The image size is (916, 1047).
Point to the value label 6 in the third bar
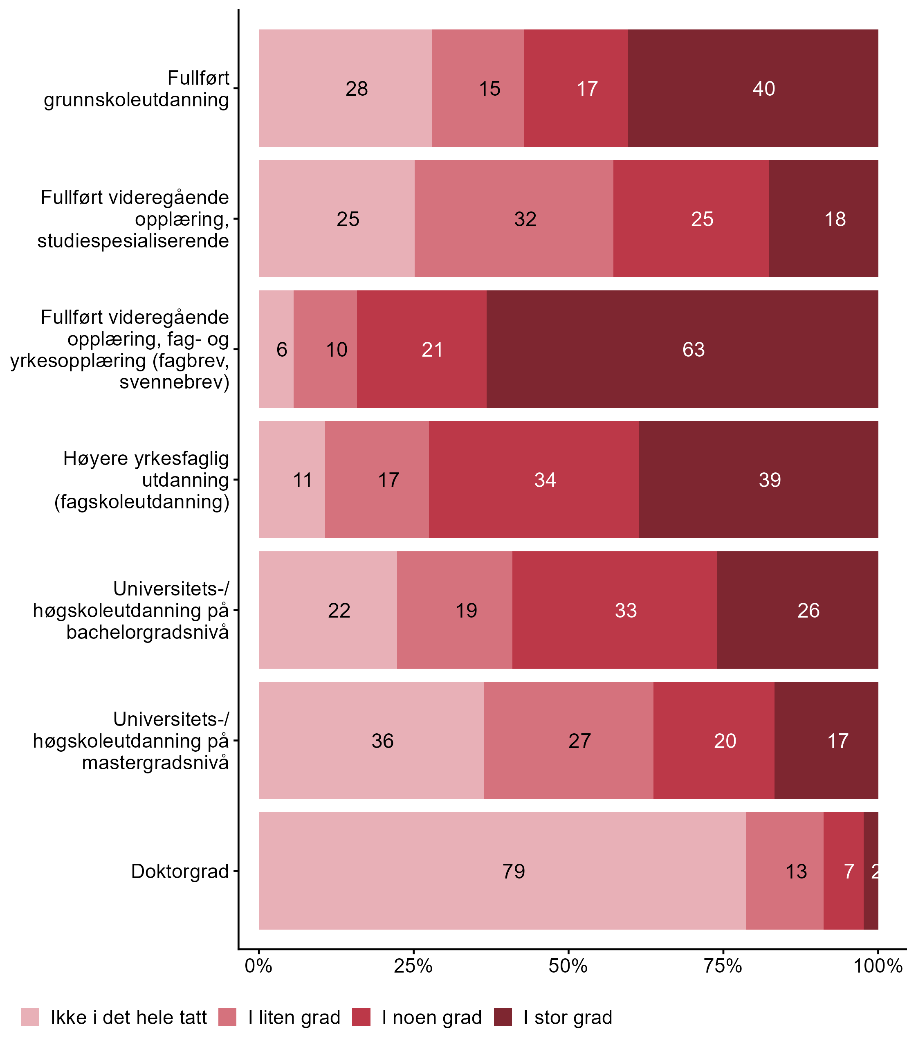(x=282, y=350)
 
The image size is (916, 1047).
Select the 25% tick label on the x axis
(x=413, y=966)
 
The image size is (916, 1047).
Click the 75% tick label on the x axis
(x=723, y=966)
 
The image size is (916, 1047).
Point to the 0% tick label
(x=258, y=966)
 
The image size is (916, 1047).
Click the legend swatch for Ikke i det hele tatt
(x=30, y=1017)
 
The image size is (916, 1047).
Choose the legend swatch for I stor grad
(x=503, y=1017)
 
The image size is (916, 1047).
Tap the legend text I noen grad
(x=432, y=1018)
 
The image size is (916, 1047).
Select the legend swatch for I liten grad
(x=227, y=1017)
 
